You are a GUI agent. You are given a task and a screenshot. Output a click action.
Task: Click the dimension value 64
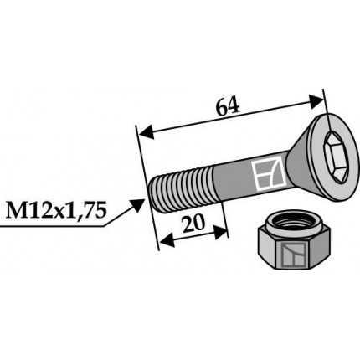(x=228, y=106)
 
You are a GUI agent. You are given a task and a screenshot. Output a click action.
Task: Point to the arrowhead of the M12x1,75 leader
(x=142, y=201)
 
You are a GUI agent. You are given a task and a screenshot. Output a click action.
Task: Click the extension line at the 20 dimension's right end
(x=224, y=219)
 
